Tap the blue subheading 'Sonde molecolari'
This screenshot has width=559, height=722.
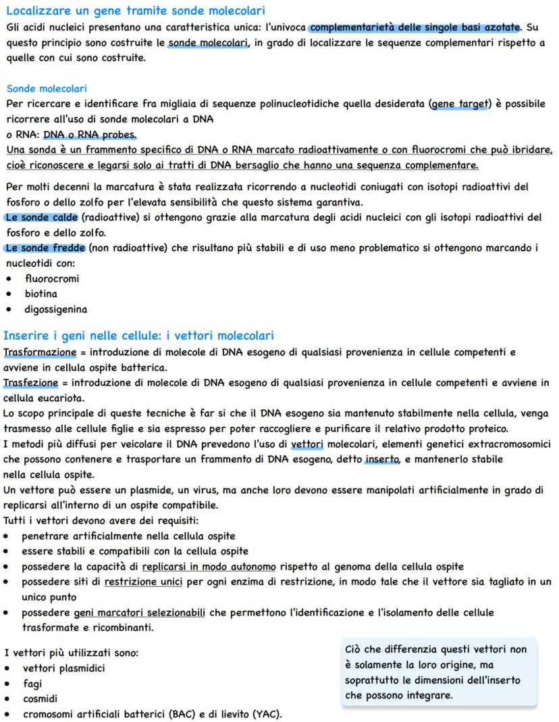coord(47,88)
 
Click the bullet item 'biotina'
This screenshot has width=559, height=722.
coord(41,294)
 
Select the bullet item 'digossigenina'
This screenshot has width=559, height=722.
coord(56,309)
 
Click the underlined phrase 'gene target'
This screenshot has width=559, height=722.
coord(461,104)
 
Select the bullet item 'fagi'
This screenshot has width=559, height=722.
coord(32,684)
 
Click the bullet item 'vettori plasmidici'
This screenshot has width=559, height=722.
coord(63,668)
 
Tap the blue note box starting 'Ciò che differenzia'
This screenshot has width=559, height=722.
coord(438,672)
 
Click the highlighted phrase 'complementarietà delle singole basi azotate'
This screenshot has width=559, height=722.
coord(415,27)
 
